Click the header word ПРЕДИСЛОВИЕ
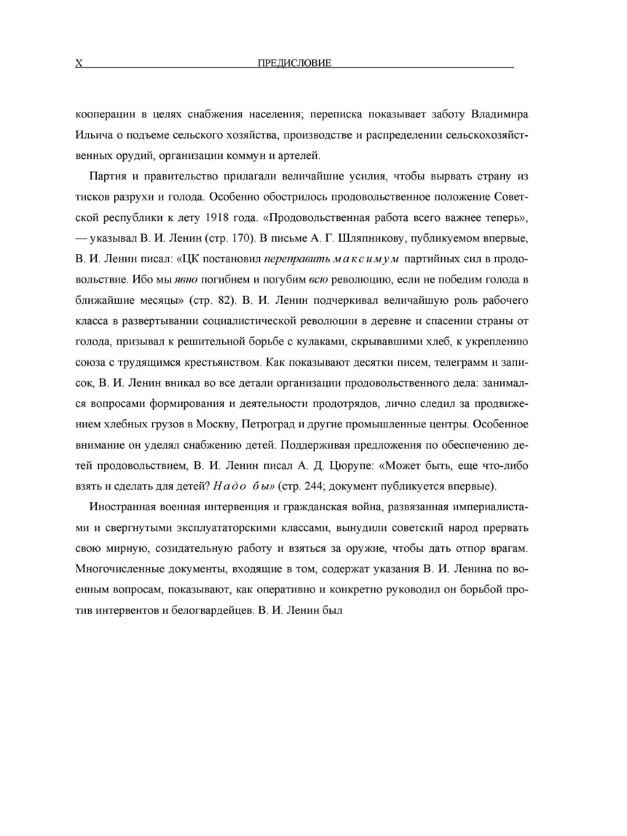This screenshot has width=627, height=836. point(294,63)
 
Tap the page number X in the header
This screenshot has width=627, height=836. point(79,63)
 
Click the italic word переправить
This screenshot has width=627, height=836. point(290,259)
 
